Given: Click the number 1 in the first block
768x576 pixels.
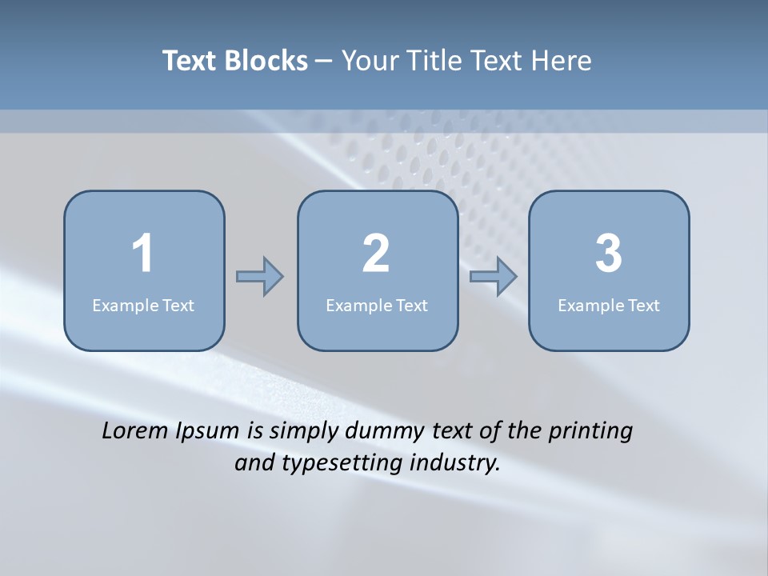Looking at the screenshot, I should point(142,254).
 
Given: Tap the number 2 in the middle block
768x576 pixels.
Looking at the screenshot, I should point(376,254).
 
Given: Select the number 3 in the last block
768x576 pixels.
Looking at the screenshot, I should point(609,254).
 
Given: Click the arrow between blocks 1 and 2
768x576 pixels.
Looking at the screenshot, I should point(260,277).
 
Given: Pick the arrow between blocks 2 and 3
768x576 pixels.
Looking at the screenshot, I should point(494,277).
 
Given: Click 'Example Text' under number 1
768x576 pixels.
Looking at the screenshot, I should point(143,306).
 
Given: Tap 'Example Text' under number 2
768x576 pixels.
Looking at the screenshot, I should point(377,306).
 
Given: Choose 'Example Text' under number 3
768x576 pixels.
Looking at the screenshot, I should point(609,306).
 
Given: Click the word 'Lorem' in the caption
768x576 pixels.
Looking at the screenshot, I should point(135,430).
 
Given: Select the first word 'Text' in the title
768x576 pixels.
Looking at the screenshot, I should point(190,61).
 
